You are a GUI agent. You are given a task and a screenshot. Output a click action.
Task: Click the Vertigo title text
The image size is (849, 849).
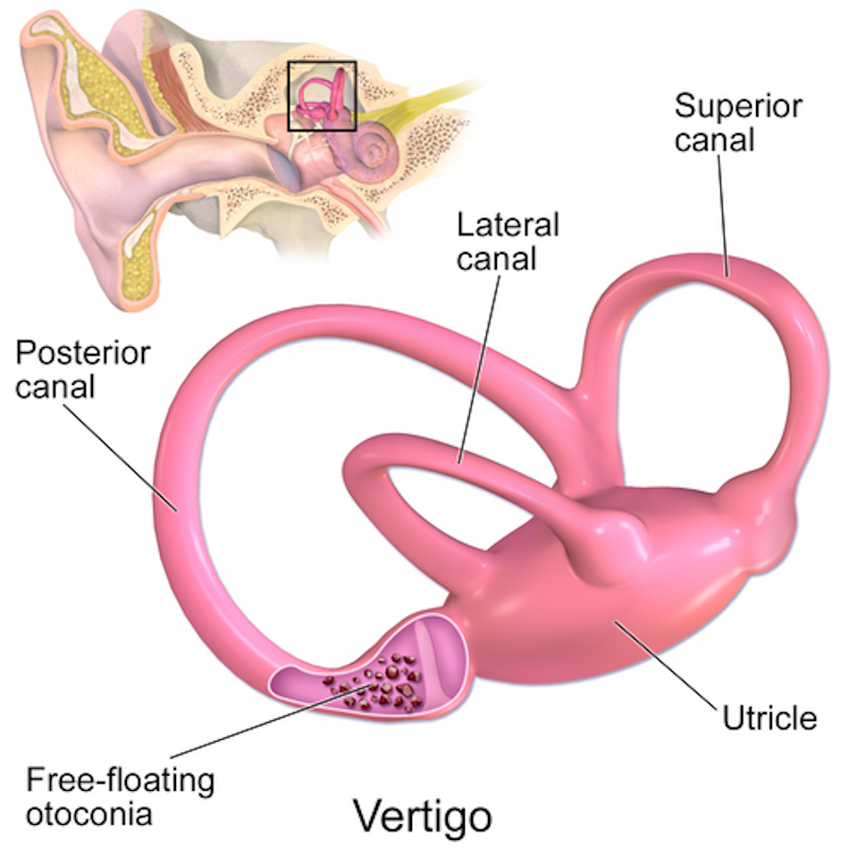point(422,815)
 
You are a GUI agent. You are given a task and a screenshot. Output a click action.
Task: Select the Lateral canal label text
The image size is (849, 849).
point(508,240)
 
